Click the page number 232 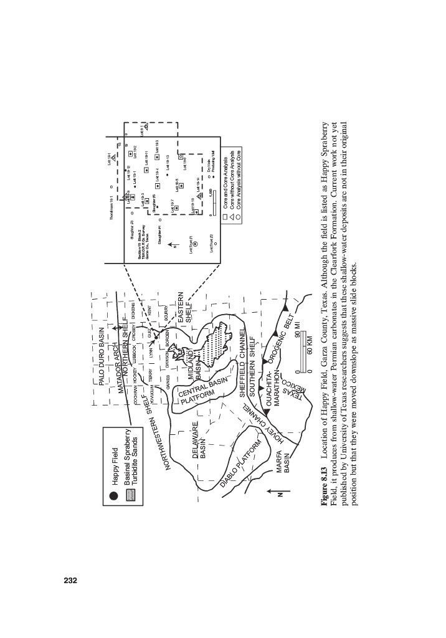coord(69,581)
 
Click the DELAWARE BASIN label coord(201,442)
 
